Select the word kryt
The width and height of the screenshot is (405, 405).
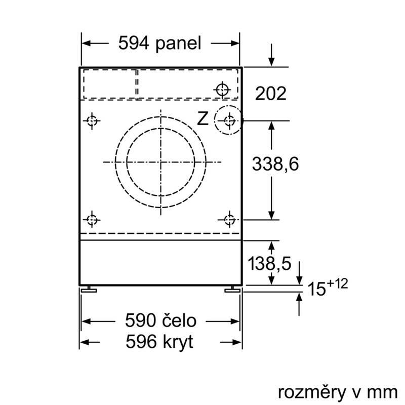coord(175,342)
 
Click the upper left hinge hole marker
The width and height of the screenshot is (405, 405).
coord(91,121)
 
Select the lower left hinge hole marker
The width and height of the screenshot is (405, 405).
coord(91,219)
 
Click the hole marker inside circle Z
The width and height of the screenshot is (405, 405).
coord(229,120)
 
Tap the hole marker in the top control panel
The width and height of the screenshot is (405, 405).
coord(222,90)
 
